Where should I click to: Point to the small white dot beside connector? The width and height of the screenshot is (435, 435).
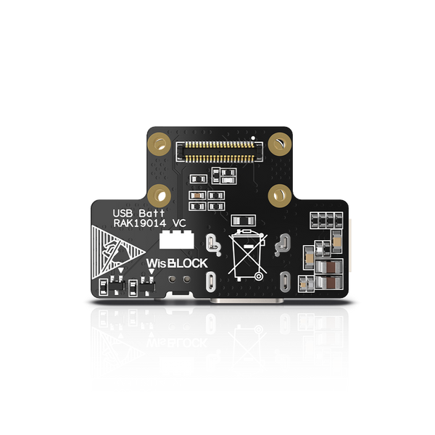coord(252,137)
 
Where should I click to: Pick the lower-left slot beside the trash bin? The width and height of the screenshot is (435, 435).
coord(212,280)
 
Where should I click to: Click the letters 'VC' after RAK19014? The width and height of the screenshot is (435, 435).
coord(179,224)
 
